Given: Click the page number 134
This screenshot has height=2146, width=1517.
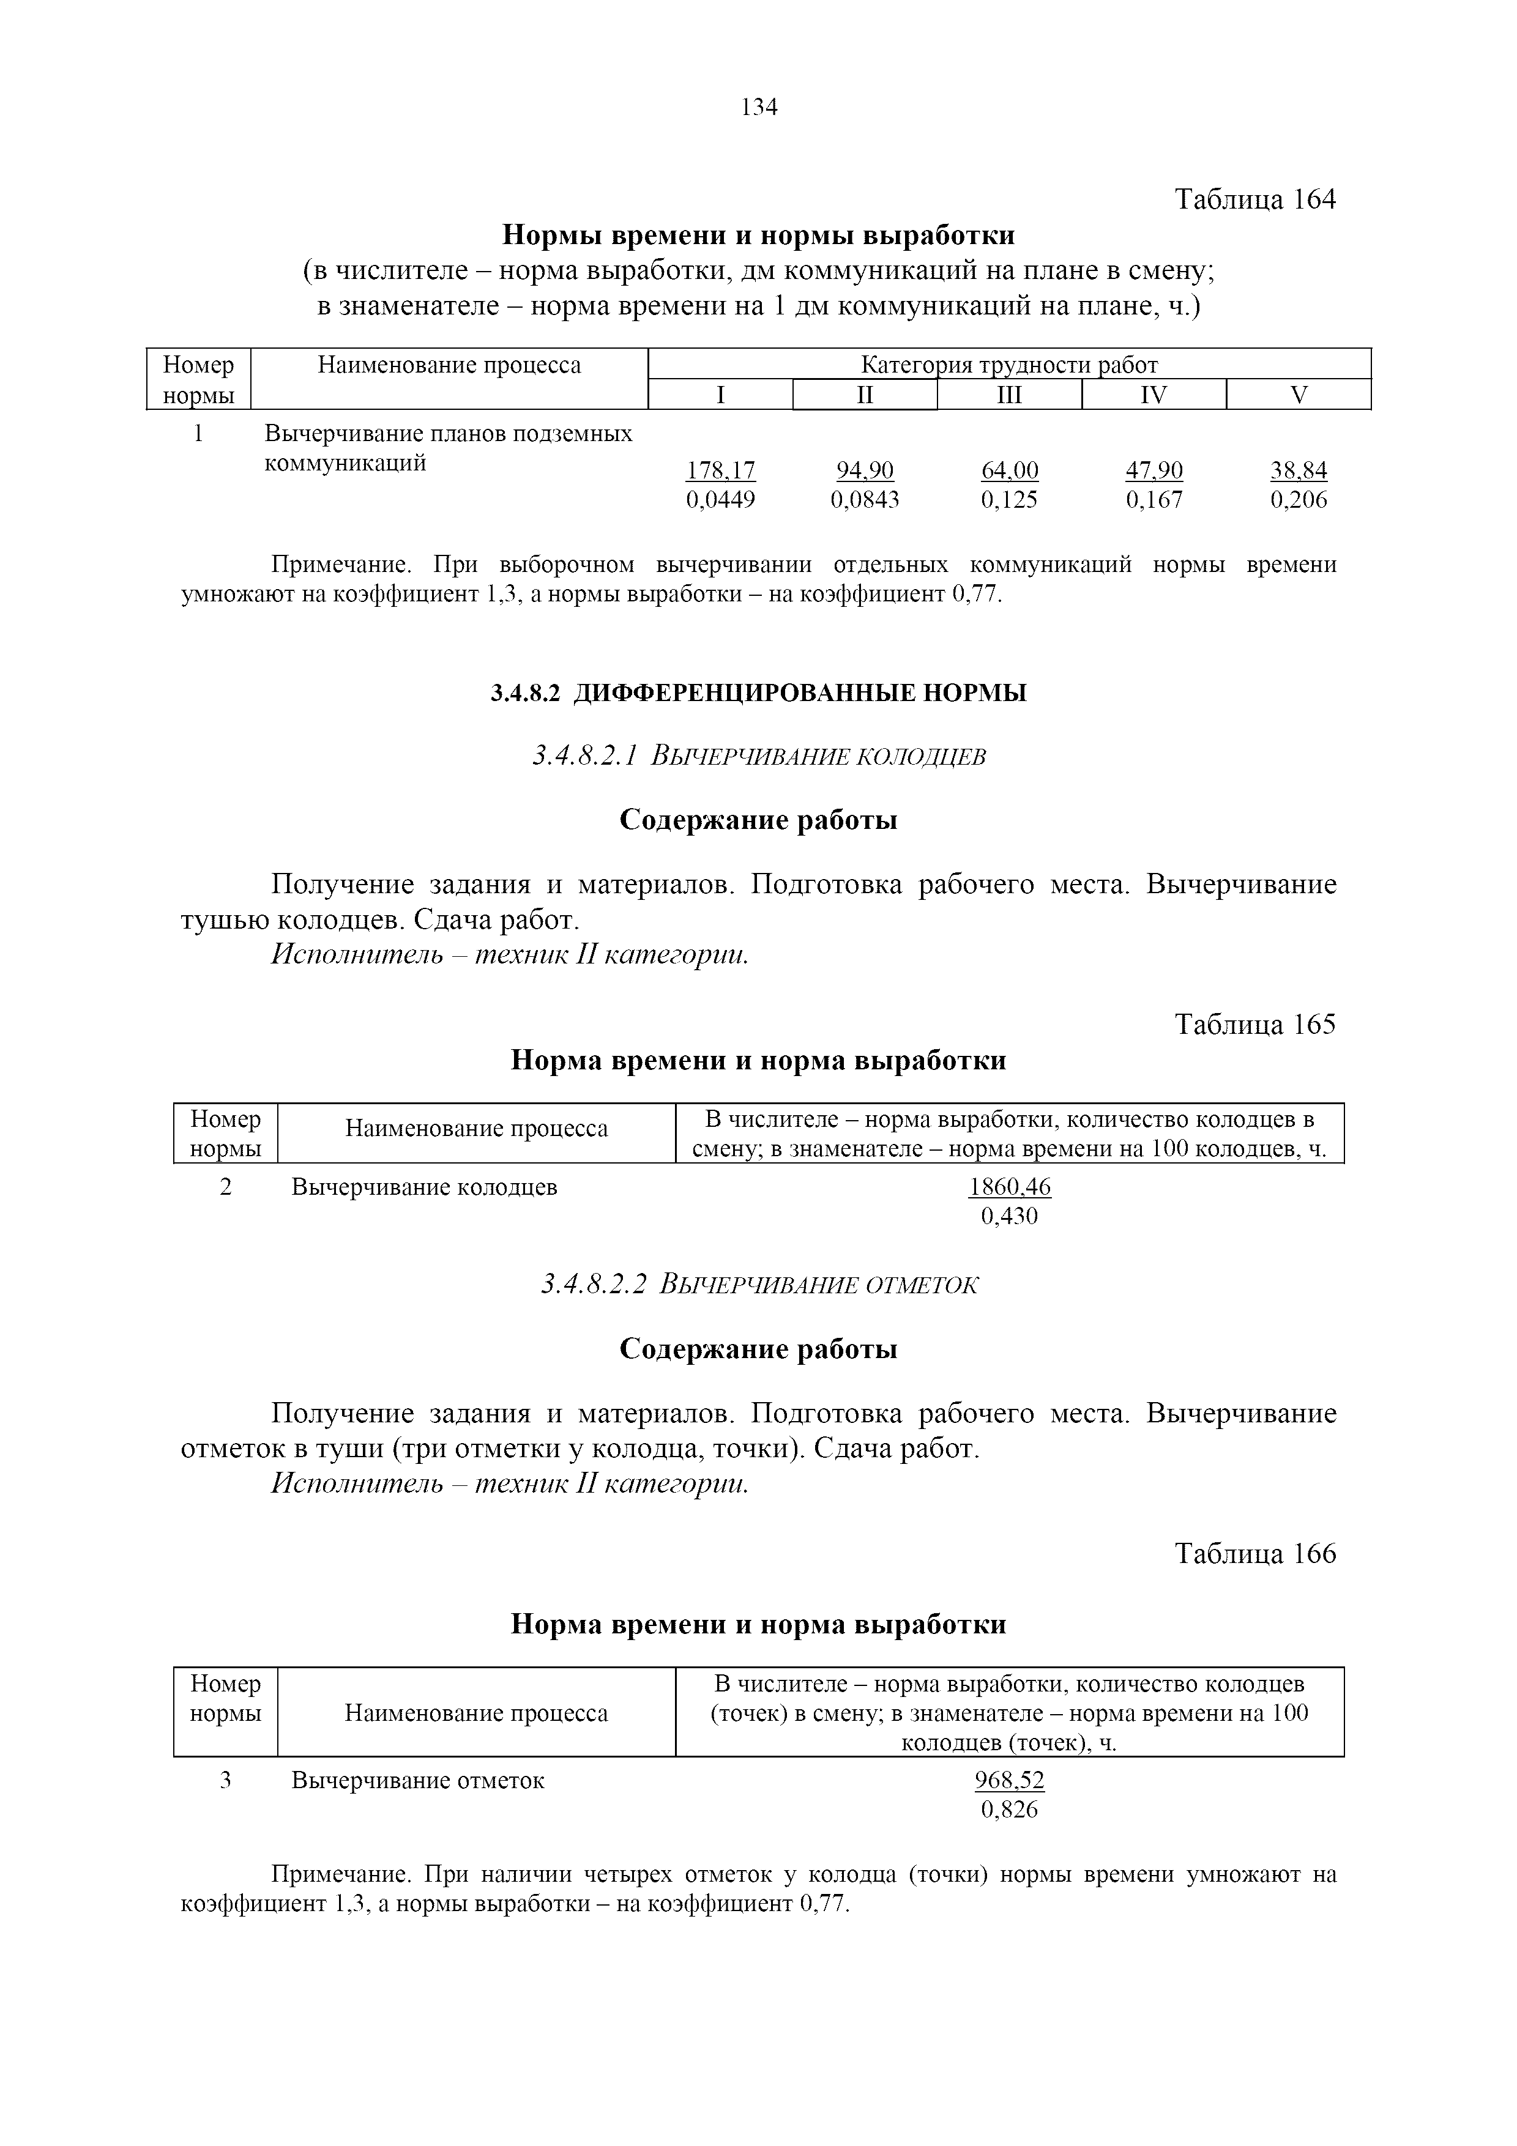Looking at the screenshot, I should [758, 108].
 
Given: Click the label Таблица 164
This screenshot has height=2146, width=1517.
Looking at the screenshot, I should [1254, 199].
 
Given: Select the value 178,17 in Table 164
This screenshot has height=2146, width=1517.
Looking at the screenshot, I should [721, 470].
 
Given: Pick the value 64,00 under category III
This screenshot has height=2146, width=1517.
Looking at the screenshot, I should [1010, 470].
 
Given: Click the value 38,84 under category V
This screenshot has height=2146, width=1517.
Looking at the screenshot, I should [1299, 470].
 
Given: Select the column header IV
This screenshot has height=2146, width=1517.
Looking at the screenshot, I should [1154, 395].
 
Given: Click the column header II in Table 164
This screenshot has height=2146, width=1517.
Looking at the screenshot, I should [865, 395].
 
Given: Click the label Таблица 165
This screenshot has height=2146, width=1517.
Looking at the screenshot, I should [1254, 1025].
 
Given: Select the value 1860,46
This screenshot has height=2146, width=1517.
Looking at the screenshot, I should [1010, 1187].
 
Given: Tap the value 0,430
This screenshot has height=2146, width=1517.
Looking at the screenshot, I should [1010, 1216].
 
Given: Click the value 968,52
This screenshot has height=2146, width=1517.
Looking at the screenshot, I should [1010, 1781].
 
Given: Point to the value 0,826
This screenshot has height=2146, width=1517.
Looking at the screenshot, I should [1010, 1810].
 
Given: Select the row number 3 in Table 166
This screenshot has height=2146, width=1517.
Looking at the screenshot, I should [225, 1781].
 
